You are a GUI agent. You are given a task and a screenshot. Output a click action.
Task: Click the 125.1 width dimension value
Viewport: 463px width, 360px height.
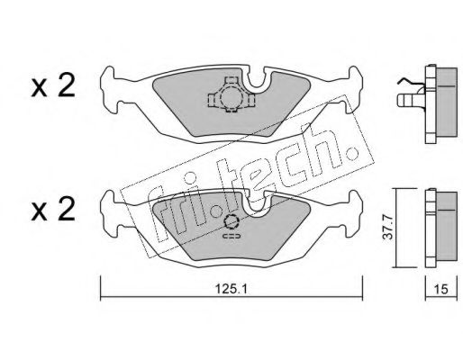[x=231, y=289]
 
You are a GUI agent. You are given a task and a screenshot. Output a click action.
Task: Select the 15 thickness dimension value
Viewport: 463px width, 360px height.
[x=441, y=290]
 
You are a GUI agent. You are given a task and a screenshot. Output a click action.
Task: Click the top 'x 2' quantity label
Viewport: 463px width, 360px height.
[x=53, y=86]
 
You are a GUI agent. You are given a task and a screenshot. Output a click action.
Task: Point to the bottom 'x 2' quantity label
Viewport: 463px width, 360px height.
[x=53, y=210]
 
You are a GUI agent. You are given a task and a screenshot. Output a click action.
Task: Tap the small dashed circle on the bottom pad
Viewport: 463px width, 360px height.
[x=231, y=222]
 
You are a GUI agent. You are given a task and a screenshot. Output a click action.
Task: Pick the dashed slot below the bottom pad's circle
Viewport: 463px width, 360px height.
[x=231, y=237]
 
